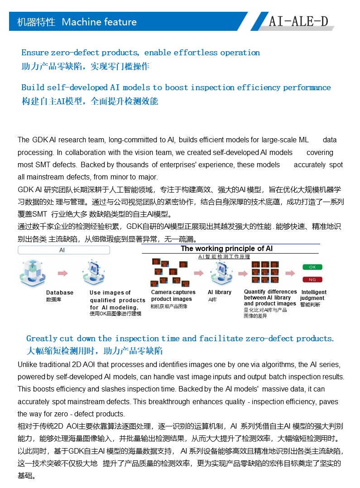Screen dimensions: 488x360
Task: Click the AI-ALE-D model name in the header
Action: [298, 21]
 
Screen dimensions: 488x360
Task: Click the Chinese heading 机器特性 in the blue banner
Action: [36, 22]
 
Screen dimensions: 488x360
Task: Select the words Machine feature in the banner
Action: [99, 22]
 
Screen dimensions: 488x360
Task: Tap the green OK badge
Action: [312, 267]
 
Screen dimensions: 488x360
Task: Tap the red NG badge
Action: [312, 279]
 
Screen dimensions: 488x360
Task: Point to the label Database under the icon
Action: [60, 293]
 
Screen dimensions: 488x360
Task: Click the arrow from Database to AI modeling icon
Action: [62, 273]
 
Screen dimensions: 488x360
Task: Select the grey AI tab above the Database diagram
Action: [62, 250]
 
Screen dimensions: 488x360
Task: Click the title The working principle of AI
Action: [226, 249]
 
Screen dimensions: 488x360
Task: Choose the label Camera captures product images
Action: [173, 295]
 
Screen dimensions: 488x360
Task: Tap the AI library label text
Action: [220, 292]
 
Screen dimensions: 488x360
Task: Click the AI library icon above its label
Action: [221, 272]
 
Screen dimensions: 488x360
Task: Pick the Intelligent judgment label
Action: [313, 295]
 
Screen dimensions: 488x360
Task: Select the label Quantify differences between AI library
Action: [270, 298]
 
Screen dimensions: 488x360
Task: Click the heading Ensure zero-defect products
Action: [140, 53]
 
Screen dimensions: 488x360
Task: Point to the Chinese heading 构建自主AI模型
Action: [90, 101]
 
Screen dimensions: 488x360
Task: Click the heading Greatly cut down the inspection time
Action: [180, 338]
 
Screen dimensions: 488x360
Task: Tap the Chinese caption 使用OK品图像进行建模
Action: [115, 314]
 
